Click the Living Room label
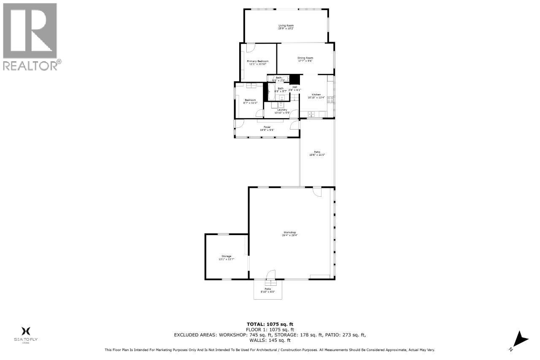(286, 26)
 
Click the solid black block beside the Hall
(294, 79)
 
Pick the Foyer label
(267, 127)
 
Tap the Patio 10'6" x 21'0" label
(317, 153)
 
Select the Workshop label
(289, 233)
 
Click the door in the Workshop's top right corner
(317, 192)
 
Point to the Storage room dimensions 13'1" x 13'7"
(227, 259)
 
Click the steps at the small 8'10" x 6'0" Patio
(267, 282)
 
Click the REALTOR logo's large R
(30, 30)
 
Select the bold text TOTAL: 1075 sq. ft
(270, 324)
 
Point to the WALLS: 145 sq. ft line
(270, 340)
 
